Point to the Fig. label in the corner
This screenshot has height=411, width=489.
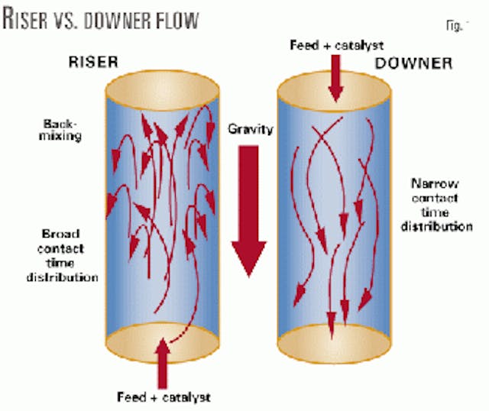tap(452, 24)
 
